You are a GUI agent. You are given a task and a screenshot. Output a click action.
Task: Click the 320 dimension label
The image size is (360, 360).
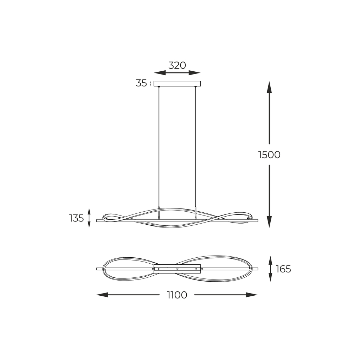pos(177,65)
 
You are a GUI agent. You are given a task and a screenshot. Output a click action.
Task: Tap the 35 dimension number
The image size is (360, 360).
pos(141,83)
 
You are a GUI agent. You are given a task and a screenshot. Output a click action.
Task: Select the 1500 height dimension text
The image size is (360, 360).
pos(269,155)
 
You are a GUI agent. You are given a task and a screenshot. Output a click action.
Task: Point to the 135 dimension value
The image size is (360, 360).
pos(76,218)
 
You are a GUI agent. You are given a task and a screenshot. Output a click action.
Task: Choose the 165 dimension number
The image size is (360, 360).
pos(283,269)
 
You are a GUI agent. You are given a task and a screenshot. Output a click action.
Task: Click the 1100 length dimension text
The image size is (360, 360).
pos(177,295)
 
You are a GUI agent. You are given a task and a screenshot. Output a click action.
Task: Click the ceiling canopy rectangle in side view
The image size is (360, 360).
pos(177,84)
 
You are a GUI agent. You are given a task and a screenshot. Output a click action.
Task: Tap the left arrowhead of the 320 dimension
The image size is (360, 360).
pos(160,73)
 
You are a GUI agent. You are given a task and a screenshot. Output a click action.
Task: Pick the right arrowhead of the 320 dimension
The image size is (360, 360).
pos(194,73)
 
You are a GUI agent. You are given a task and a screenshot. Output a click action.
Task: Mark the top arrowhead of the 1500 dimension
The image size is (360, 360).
pos(269,87)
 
